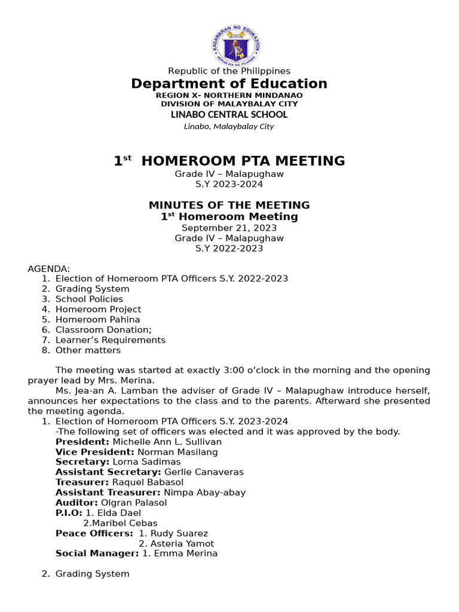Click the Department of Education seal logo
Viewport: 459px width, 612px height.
click(235, 45)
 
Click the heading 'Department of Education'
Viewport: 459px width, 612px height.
click(229, 84)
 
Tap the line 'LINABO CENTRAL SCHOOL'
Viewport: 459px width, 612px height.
click(229, 114)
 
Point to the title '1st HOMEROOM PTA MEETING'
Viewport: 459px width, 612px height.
click(229, 161)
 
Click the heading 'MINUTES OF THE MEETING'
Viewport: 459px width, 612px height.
click(229, 206)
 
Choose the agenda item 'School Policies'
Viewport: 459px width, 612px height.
click(89, 299)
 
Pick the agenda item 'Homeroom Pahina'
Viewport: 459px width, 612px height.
click(97, 319)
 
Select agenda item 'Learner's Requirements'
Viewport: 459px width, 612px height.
click(111, 340)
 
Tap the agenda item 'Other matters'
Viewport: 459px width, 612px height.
click(88, 350)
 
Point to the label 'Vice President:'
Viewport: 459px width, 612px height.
click(95, 452)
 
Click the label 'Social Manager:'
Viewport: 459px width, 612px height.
click(97, 553)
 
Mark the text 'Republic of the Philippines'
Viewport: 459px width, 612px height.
click(229, 71)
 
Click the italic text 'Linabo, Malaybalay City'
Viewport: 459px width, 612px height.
click(229, 126)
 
